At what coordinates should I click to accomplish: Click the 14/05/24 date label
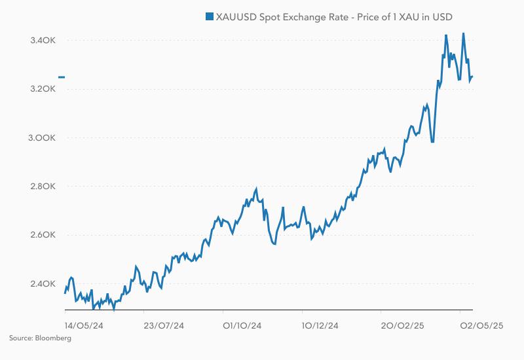tap(84, 325)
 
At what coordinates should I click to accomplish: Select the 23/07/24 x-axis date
tap(164, 325)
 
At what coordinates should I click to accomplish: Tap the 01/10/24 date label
tap(242, 325)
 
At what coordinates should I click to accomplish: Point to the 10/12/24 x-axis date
tap(320, 325)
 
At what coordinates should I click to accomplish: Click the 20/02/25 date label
tap(400, 325)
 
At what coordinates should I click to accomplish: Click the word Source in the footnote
tap(20, 338)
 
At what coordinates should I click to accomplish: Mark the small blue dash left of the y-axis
tap(62, 77)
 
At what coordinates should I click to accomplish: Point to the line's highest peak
tap(463, 33)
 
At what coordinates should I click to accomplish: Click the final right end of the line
tap(472, 77)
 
